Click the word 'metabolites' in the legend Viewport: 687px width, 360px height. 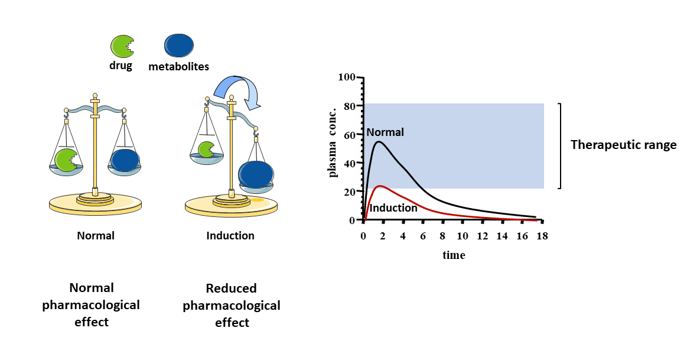[178, 66]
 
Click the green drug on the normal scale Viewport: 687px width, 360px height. [66, 160]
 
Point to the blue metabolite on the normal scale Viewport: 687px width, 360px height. [125, 160]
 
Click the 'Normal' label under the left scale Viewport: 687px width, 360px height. [96, 235]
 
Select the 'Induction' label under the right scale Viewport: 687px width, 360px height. [230, 235]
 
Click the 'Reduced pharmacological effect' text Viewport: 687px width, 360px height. [232, 306]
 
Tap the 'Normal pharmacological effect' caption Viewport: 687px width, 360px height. [91, 305]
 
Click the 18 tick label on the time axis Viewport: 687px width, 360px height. [541, 236]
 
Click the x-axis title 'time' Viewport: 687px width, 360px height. [454, 255]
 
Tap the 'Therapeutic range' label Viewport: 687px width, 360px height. [623, 145]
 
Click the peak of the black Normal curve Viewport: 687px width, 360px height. [379, 141]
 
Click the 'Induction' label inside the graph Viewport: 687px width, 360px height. [393, 208]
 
